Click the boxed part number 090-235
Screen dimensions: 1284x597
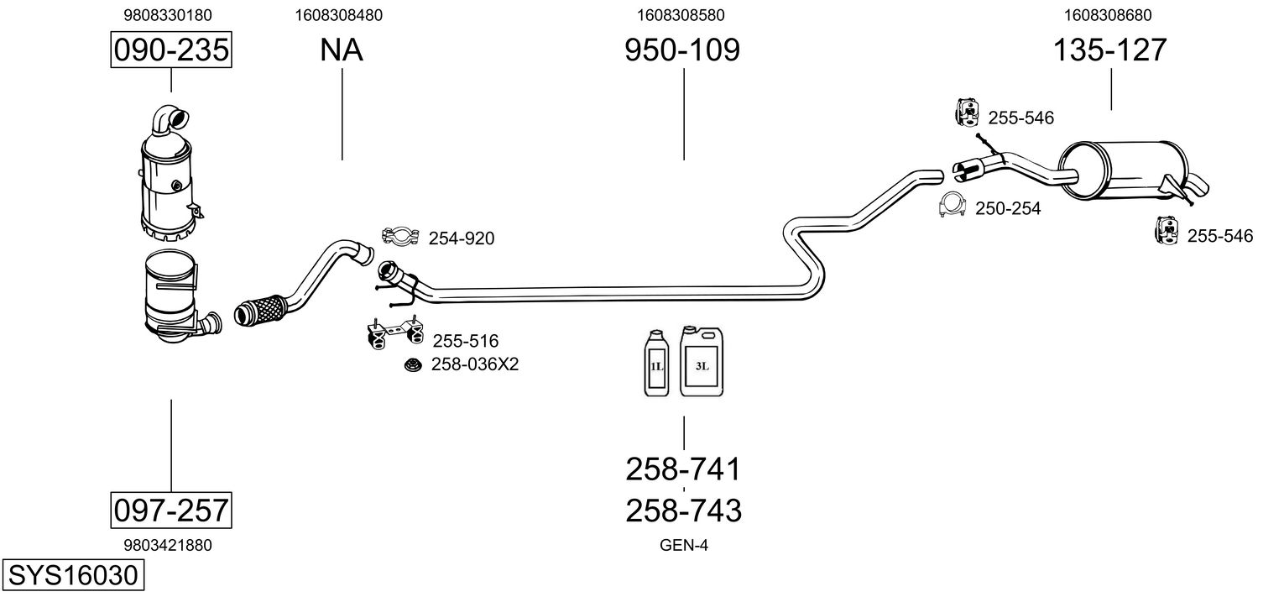pos(171,50)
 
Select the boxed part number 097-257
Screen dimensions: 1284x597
pos(171,510)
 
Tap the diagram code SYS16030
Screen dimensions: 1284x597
pos(73,575)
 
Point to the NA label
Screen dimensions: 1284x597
pos(342,50)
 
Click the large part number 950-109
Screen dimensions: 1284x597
pos(682,50)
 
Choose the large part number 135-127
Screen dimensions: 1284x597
pos(1110,50)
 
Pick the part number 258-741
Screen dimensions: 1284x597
pos(683,469)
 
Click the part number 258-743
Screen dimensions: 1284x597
pos(683,511)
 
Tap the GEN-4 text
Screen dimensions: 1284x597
pos(684,546)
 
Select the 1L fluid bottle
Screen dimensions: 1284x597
pos(656,363)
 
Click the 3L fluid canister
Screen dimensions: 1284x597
pos(702,361)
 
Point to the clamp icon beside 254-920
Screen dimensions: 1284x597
pos(400,236)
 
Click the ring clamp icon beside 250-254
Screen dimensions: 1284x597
pos(953,204)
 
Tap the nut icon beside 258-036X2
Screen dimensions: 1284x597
pos(413,364)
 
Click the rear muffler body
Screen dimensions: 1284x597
pos(1124,170)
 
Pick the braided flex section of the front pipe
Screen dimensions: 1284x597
pos(262,311)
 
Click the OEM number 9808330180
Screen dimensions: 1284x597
pos(168,15)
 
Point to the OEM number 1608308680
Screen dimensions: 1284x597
pos(1108,15)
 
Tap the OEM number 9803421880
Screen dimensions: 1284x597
pos(168,546)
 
